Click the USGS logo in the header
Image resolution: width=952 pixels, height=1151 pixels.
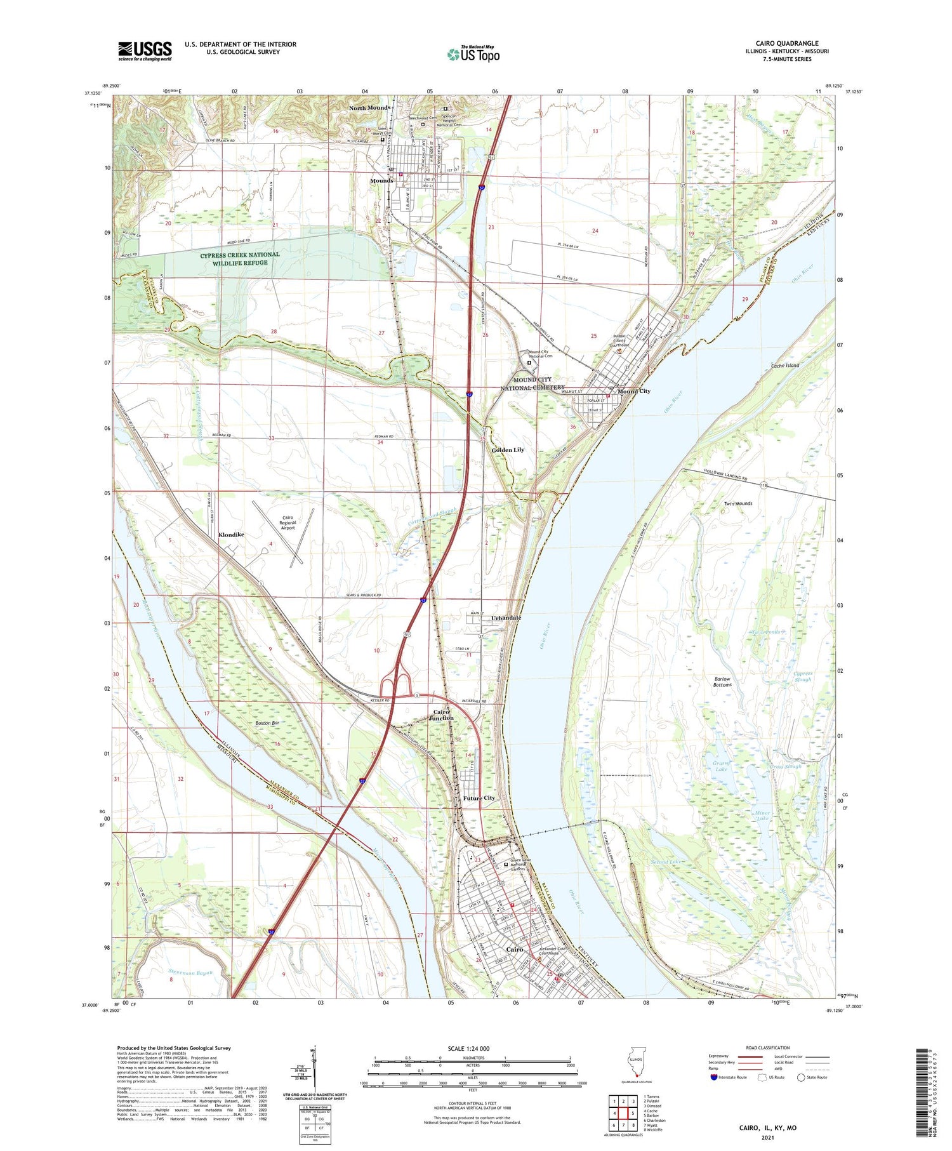pyautogui.click(x=145, y=51)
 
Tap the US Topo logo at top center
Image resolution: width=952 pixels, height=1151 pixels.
pyautogui.click(x=473, y=55)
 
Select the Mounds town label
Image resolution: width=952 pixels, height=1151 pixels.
pyautogui.click(x=381, y=181)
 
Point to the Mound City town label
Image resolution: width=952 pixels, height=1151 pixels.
pyautogui.click(x=634, y=391)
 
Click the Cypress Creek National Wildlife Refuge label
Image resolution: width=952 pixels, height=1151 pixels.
pyautogui.click(x=240, y=258)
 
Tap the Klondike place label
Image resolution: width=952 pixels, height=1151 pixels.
pyautogui.click(x=231, y=535)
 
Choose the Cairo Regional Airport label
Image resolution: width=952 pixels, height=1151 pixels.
pyautogui.click(x=288, y=522)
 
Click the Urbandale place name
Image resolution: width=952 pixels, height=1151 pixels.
pyautogui.click(x=506, y=618)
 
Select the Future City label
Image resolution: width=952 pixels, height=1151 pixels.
pyautogui.click(x=479, y=798)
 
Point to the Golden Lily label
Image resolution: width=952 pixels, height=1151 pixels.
pyautogui.click(x=508, y=449)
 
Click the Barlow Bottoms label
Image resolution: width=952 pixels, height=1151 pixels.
pyautogui.click(x=722, y=682)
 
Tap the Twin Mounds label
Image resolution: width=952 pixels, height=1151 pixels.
pyautogui.click(x=738, y=503)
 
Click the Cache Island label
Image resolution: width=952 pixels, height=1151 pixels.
pyautogui.click(x=784, y=366)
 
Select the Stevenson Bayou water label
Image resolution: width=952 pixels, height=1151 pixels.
pyautogui.click(x=190, y=972)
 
